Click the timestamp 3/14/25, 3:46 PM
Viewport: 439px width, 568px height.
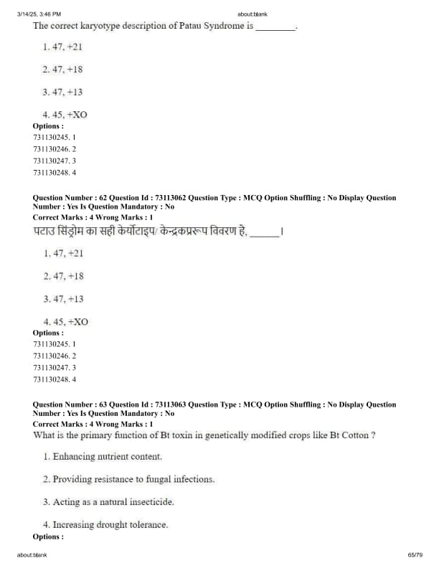(x=39, y=14)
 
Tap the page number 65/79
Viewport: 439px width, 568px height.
(x=415, y=555)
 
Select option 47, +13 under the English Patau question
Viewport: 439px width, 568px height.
(x=63, y=92)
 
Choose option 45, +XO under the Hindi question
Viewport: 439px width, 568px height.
(x=65, y=321)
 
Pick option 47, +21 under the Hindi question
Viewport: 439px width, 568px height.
(x=63, y=253)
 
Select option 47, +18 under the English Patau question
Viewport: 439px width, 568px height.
(x=63, y=70)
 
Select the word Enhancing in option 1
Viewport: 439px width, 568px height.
(x=74, y=456)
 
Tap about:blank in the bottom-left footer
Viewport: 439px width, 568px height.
(x=32, y=555)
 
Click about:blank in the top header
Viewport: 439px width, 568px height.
(x=252, y=14)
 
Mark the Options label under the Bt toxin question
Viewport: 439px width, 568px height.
(x=47, y=536)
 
